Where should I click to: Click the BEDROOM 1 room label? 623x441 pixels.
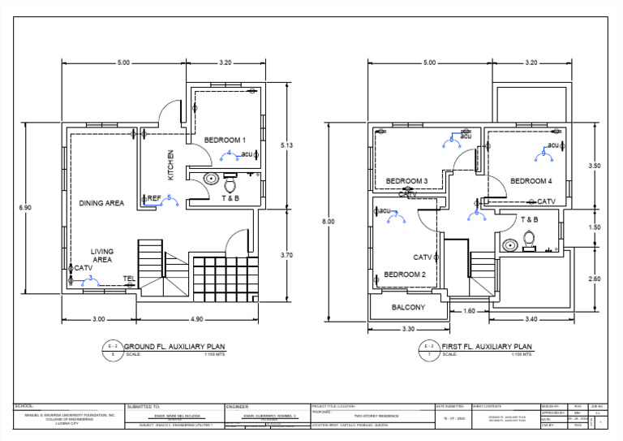[x=225, y=141]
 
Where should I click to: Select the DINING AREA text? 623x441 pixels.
[x=101, y=203]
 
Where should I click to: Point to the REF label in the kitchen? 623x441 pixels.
[x=154, y=197]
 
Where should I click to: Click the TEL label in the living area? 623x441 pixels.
[x=128, y=279]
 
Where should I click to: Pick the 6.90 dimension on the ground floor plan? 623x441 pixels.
[x=25, y=208]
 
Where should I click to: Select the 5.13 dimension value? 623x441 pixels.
[x=286, y=145]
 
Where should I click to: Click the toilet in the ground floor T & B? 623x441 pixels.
[x=229, y=182]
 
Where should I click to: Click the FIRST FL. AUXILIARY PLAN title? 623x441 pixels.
[x=487, y=345]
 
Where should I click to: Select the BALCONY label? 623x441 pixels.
[x=408, y=307]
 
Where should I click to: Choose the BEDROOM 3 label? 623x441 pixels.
[x=406, y=180]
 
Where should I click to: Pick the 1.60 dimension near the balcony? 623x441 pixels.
[x=468, y=311]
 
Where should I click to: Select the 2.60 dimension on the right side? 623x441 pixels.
[x=594, y=279]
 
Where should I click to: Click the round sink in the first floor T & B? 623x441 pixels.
[x=510, y=244]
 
